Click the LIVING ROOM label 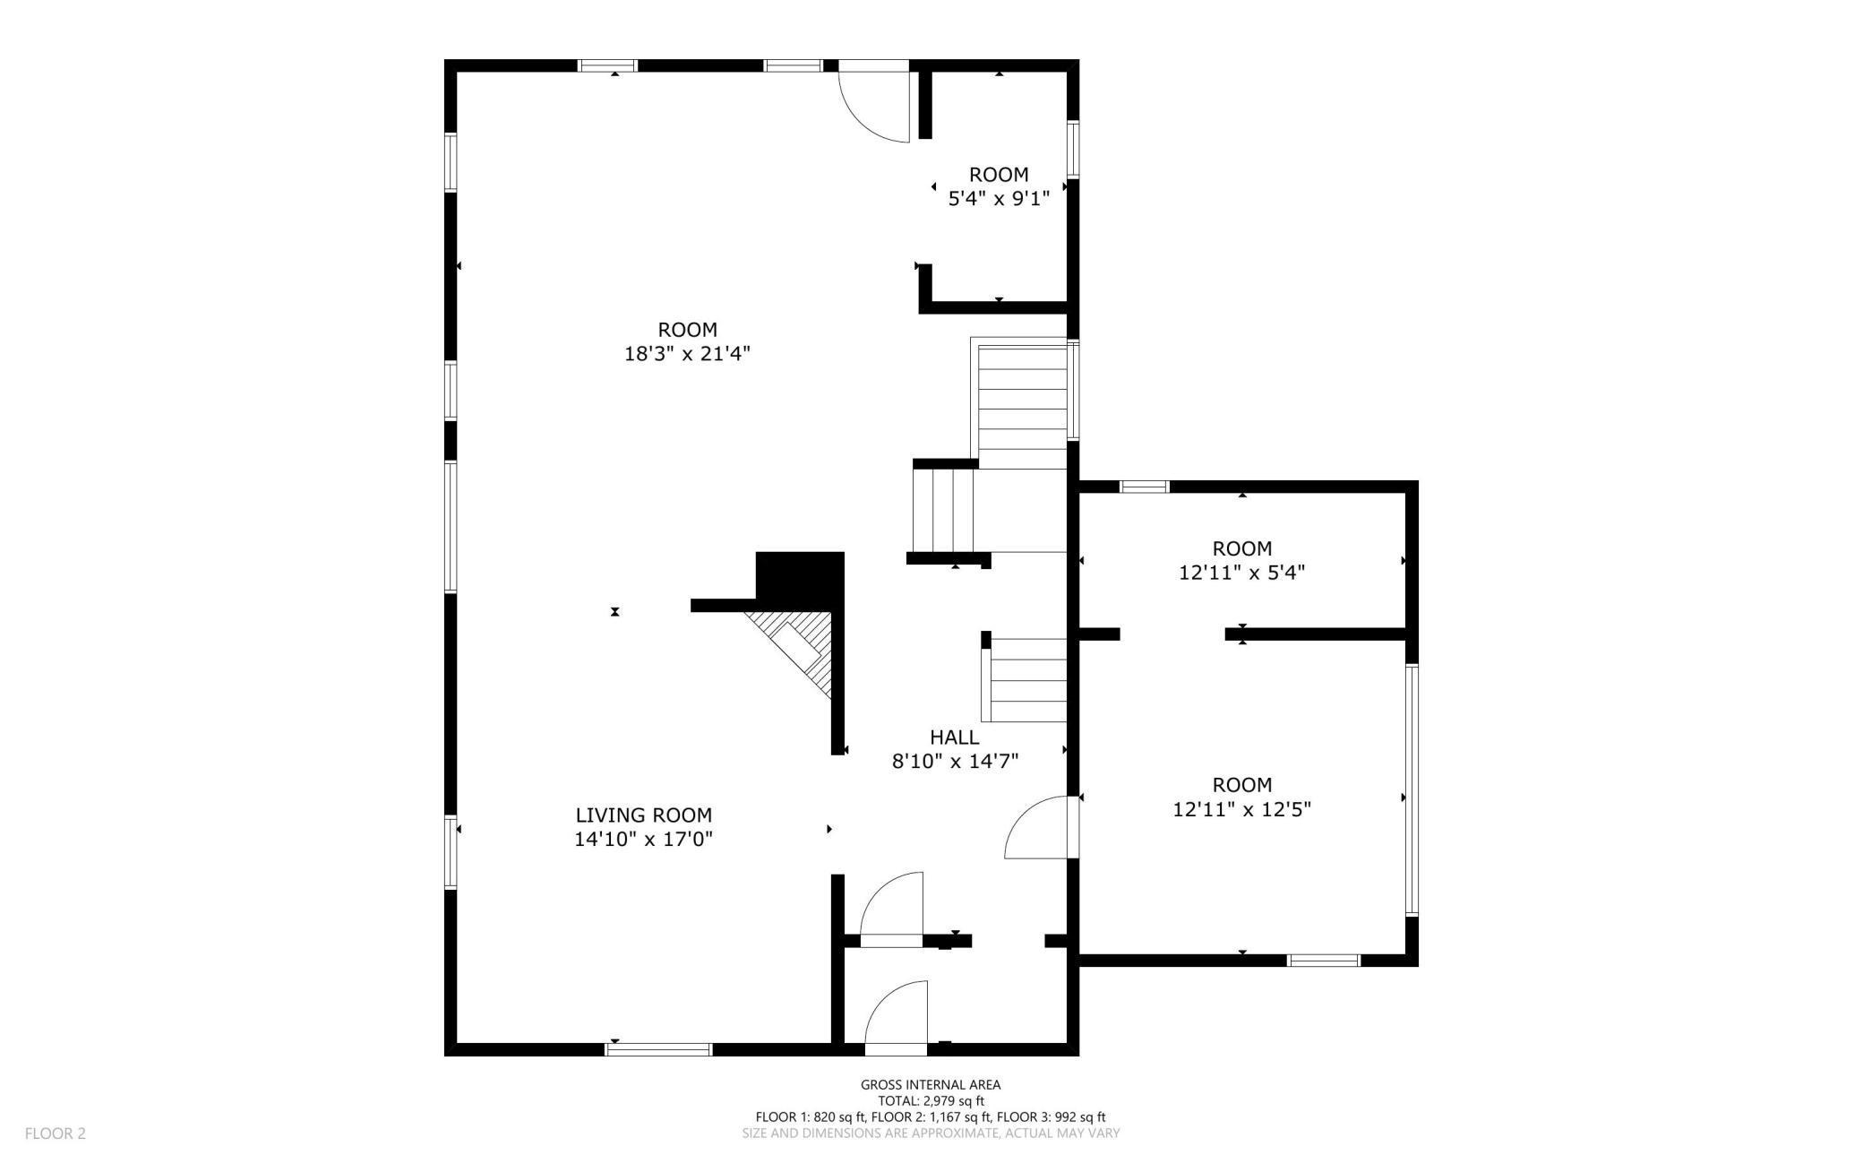643,815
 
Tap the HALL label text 954,737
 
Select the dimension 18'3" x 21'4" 687,354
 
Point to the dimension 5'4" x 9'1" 999,199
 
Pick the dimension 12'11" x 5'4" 1241,573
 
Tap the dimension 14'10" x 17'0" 643,840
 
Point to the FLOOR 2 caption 56,1134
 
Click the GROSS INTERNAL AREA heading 931,1085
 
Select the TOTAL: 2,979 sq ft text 931,1101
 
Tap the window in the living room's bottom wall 658,1049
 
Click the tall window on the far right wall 1412,789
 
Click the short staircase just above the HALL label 1026,680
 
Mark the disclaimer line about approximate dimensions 931,1134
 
